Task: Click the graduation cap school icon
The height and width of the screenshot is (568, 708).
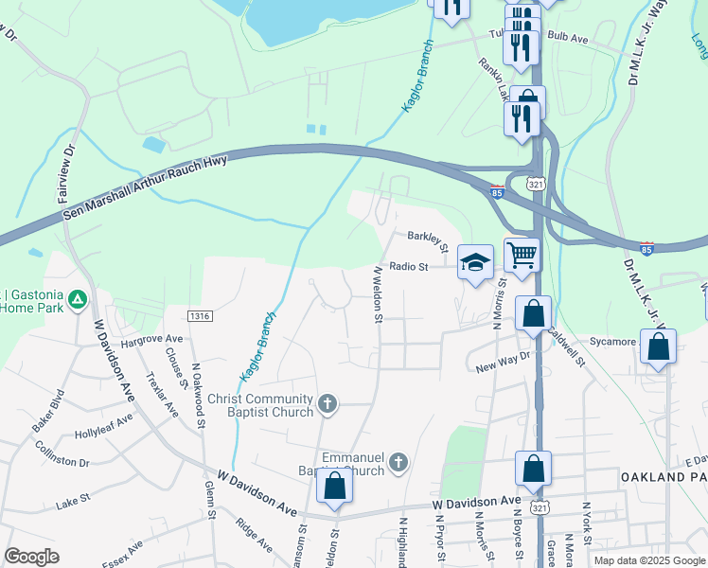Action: coord(476,262)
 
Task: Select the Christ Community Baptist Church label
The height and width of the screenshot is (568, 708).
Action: coord(260,405)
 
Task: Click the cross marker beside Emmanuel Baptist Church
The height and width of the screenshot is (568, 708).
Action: coord(398,462)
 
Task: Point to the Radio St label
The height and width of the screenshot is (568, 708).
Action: coord(411,267)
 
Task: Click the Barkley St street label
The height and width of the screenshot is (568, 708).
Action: coord(427,240)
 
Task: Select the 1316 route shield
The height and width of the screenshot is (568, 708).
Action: coord(199,315)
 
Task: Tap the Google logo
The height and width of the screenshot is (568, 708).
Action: coord(31,557)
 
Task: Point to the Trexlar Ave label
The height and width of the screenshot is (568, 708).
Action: coord(162,395)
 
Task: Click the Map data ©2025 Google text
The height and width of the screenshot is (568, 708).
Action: coord(649,560)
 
